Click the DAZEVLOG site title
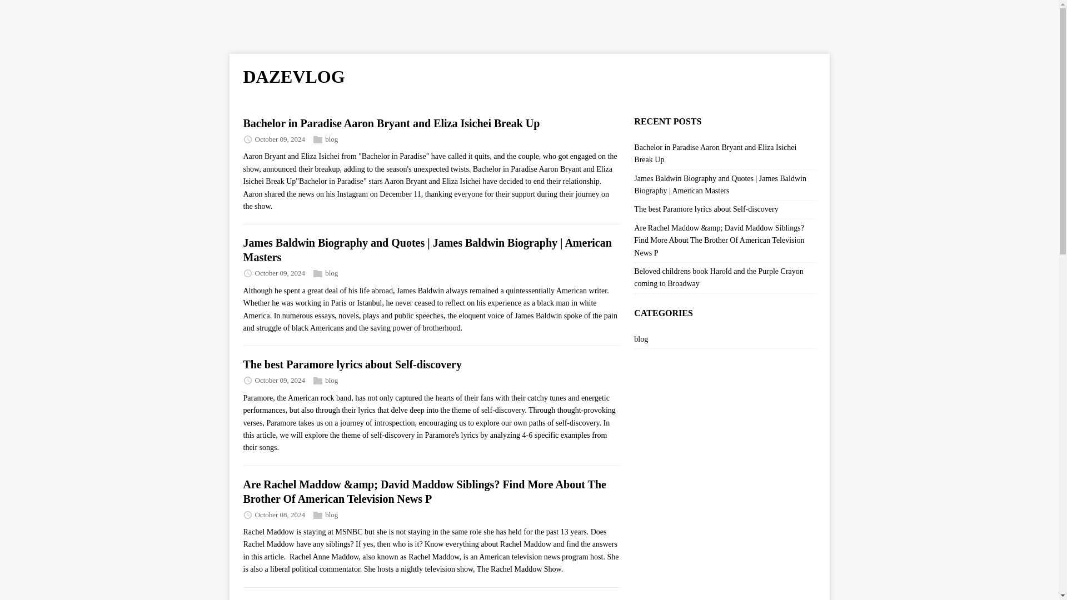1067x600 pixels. pos(293,77)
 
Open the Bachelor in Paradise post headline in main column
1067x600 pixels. pos(391,123)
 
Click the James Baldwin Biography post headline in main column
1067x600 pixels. pos(427,250)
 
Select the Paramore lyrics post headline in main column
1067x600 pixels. pos(352,364)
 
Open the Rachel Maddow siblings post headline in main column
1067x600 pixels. pos(424,492)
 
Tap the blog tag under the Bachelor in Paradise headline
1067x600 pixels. pos(331,139)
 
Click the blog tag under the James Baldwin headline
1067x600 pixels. pos(331,273)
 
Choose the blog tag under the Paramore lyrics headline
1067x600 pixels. pos(331,381)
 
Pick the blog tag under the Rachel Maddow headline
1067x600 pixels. pos(331,515)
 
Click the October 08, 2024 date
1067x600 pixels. pos(280,515)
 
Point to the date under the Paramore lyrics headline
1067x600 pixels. pos(280,381)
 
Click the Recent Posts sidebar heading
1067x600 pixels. pos(667,121)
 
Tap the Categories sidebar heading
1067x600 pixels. pos(663,313)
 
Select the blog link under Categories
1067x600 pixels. pos(641,339)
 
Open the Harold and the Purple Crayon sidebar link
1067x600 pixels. pos(718,277)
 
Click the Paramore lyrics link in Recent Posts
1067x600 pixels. pos(706,209)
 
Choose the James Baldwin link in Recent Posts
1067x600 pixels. pos(720,184)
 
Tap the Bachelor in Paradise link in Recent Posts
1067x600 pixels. pos(715,153)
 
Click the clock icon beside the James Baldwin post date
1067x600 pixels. pos(248,273)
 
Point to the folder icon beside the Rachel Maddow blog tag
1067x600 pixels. pos(318,515)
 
